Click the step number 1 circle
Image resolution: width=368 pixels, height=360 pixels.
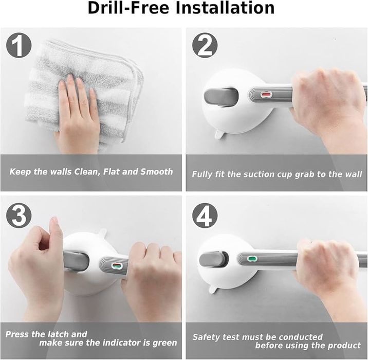pyautogui.click(x=19, y=45)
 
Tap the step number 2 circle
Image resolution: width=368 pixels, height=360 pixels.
pyautogui.click(x=205, y=45)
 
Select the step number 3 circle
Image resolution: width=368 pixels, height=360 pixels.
pyautogui.click(x=19, y=215)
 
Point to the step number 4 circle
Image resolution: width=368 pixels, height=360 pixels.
pyautogui.click(x=205, y=215)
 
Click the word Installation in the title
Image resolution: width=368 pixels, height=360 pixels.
pyautogui.click(x=225, y=8)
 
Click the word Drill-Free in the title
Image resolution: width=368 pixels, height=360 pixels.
pyautogui.click(x=128, y=8)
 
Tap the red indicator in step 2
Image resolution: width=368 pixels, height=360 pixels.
pyautogui.click(x=266, y=95)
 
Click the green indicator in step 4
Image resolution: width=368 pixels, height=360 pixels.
pyautogui.click(x=252, y=259)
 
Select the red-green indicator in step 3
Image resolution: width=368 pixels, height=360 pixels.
pyautogui.click(x=117, y=266)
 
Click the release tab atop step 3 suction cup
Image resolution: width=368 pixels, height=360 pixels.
pyautogui.click(x=102, y=232)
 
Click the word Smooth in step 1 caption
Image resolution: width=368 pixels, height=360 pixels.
pyautogui.click(x=157, y=172)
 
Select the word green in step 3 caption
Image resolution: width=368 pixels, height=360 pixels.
pyautogui.click(x=164, y=343)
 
